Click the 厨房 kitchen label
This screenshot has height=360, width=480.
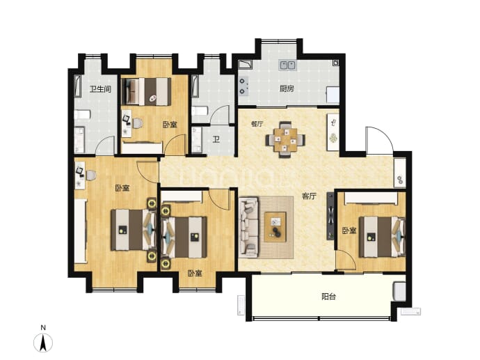tap(287, 89)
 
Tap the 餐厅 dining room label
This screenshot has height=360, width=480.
tap(257, 124)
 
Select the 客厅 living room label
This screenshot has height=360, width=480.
tap(309, 196)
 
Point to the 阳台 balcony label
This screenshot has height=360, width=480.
tap(328, 296)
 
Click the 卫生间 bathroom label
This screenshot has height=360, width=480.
tap(100, 89)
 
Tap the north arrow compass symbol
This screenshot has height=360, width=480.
tap(43, 342)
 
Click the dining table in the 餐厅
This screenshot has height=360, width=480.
tap(285, 140)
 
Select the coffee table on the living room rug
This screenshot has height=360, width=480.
tap(275, 227)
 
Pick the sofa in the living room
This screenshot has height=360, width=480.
tap(249, 227)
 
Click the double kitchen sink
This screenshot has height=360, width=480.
tap(287, 65)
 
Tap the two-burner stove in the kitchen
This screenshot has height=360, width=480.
tap(243, 86)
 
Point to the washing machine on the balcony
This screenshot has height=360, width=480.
tap(399, 291)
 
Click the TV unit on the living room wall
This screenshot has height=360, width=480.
tap(330, 217)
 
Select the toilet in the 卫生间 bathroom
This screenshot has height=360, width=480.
tap(82, 115)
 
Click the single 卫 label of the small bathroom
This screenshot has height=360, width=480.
tap(216, 140)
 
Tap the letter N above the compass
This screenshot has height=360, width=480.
tap(43, 328)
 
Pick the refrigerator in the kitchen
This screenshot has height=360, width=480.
tap(333, 95)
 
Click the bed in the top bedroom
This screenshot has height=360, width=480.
tap(147, 92)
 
